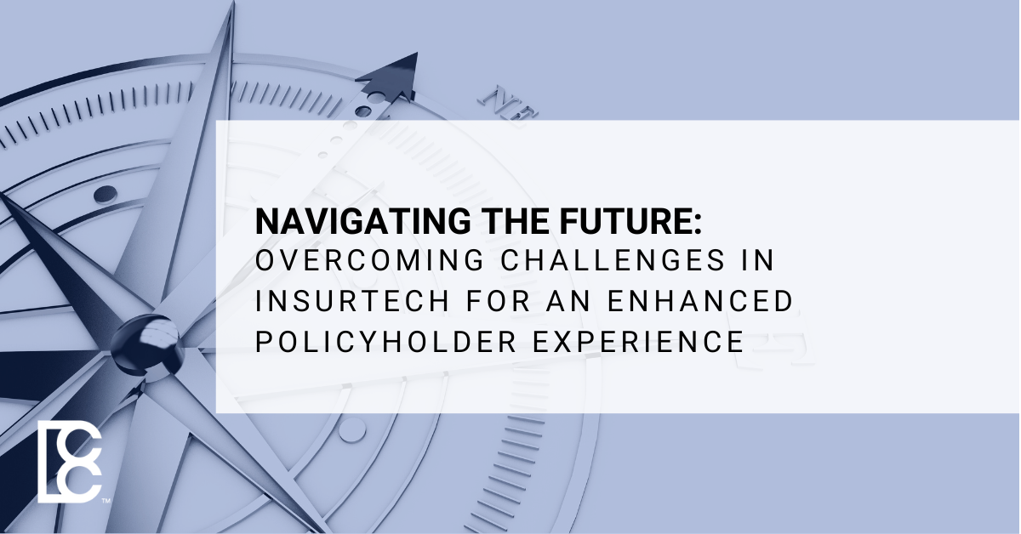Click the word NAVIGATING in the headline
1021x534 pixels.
363,221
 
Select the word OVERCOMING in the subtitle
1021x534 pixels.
369,260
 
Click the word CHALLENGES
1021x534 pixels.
613,260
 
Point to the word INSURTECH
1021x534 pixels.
352,301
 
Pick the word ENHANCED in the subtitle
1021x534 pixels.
700,301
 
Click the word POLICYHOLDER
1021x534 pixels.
385,342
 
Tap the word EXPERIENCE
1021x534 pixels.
638,342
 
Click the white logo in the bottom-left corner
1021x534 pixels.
69,462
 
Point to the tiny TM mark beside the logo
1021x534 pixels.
106,501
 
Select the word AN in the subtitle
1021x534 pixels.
569,301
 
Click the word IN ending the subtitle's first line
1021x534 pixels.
758,260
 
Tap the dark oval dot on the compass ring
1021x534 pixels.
106,194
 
